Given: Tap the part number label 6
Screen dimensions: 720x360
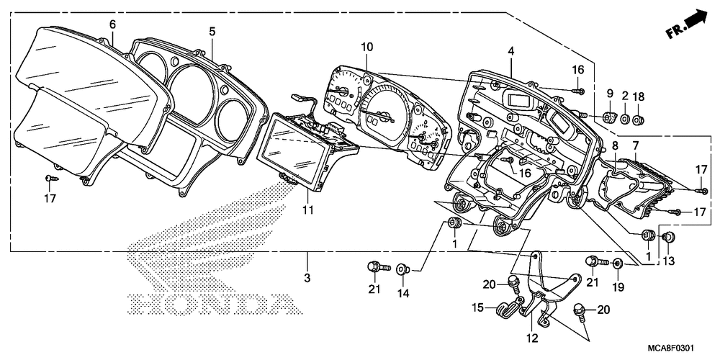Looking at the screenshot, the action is (x=112, y=24).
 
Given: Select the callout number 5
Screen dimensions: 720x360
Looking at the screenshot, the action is (x=212, y=32).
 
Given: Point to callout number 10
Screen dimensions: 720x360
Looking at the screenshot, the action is (x=367, y=47).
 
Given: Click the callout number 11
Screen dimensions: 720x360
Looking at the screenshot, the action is (x=307, y=210).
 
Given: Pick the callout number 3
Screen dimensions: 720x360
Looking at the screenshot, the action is (x=307, y=278).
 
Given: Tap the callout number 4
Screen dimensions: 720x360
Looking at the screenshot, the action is (x=510, y=51).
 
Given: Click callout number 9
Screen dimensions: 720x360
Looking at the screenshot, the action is (x=610, y=94).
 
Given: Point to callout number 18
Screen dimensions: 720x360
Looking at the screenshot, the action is (x=638, y=96).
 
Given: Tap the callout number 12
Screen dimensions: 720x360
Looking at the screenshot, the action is (x=532, y=339).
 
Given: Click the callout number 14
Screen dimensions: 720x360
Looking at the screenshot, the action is (x=403, y=292).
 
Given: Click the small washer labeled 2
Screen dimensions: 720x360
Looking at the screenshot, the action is (x=624, y=120).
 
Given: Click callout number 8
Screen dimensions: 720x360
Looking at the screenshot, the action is (x=614, y=146).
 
